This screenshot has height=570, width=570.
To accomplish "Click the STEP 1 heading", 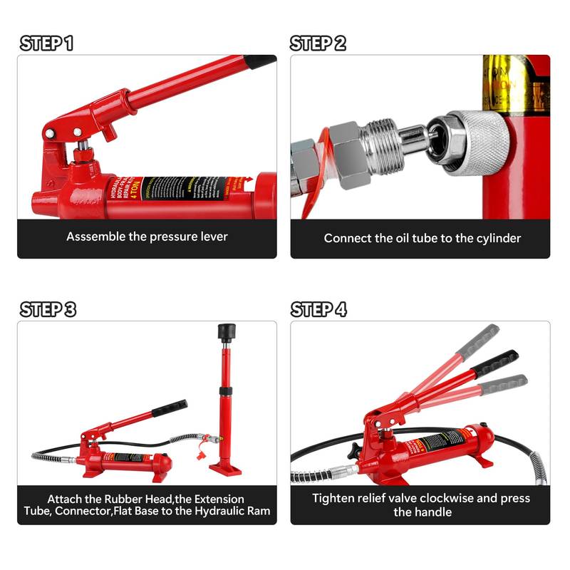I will click(46, 43).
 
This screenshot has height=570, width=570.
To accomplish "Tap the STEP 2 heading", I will click(318, 43).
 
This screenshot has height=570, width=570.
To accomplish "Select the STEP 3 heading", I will click(48, 309).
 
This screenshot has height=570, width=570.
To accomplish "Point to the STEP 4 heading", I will click(319, 309).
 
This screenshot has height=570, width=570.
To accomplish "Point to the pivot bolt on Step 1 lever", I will click(49, 133).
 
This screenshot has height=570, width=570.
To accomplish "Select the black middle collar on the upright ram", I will click(226, 390).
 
